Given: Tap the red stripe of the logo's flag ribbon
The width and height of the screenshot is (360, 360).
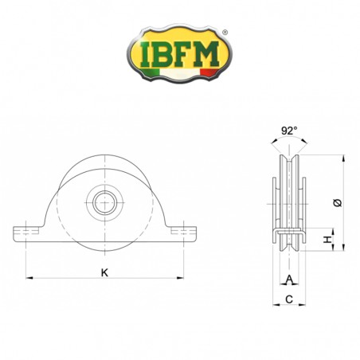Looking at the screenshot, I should [209, 74].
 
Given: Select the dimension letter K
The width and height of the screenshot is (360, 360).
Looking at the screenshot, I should [105, 272].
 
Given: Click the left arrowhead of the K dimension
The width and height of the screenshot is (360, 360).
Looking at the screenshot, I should [30, 278].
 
